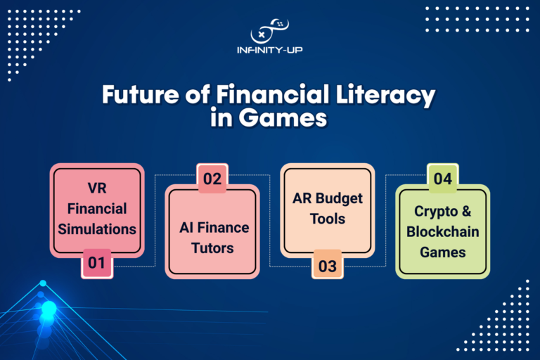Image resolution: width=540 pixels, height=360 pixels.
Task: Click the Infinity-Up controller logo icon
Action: click(x=270, y=30)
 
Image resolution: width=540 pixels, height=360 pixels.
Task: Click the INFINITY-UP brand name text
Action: click(x=270, y=51)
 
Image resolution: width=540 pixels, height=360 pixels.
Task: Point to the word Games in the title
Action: click(x=291, y=117)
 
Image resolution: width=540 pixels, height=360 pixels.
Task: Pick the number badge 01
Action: click(x=96, y=264)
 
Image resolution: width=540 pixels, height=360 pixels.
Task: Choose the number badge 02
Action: click(x=212, y=178)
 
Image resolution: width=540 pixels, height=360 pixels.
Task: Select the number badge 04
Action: click(x=442, y=179)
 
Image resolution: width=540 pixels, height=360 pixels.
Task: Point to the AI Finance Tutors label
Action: click(x=212, y=237)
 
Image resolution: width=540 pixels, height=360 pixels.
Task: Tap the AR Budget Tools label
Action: click(x=328, y=208)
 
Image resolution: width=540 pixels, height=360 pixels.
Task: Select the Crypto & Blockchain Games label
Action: click(x=442, y=231)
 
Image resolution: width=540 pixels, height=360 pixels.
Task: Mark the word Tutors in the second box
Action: click(x=212, y=247)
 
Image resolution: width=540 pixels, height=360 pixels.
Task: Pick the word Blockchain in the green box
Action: click(x=442, y=232)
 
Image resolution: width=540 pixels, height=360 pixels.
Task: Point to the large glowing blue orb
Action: click(x=49, y=309)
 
